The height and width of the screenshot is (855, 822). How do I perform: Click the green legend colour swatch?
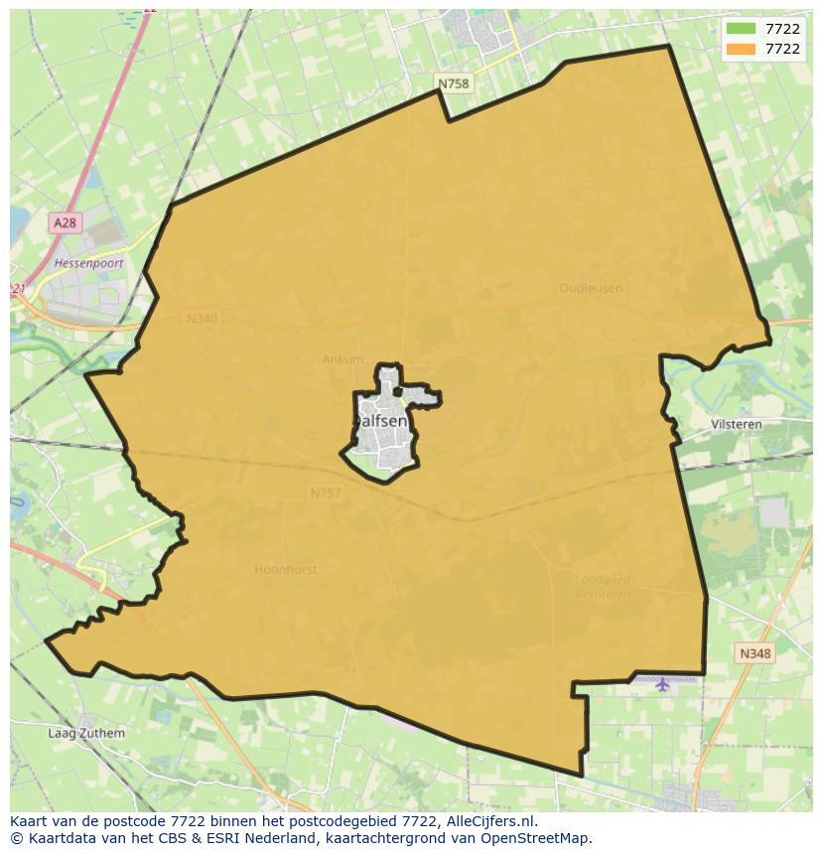pos(741,29)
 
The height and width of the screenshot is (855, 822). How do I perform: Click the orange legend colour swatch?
pos(741,49)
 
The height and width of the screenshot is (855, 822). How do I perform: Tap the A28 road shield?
pos(65,223)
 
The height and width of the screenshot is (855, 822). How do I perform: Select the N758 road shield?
pos(454,84)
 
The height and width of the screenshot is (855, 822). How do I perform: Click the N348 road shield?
pos(755,653)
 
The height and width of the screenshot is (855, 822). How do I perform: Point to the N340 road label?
pos(201,319)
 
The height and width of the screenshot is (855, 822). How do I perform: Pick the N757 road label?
pos(326,493)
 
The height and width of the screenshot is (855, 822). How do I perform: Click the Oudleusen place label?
pos(591,288)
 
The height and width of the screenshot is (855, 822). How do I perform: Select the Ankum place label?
pos(342,359)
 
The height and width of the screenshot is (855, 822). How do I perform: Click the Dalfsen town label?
pos(380,421)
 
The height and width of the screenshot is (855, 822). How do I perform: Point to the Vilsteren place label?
pos(737,424)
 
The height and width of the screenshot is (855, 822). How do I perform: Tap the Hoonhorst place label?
pos(286,569)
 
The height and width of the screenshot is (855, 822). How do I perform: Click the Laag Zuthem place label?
pos(87,734)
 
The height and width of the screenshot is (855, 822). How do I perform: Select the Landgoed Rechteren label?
pos(604,586)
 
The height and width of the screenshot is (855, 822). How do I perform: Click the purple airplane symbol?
pos(662,683)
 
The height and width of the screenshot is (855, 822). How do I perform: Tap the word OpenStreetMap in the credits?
pos(536,838)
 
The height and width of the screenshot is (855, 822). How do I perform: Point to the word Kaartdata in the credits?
pos(55,838)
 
